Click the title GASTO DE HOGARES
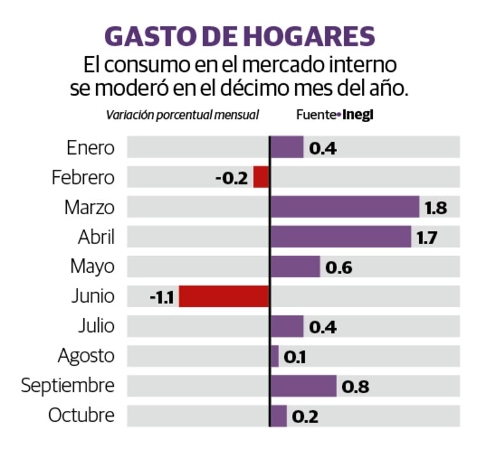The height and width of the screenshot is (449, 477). point(239,36)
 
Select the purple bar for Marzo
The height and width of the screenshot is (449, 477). point(345,207)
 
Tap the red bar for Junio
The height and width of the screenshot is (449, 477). point(224,296)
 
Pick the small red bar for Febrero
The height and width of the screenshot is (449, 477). point(261,177)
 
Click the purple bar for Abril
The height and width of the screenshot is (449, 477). point(341,237)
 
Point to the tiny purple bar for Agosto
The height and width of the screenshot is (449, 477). point(275,356)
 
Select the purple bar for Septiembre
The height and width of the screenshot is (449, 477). point(303,386)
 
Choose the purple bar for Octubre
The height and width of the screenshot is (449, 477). point(279,416)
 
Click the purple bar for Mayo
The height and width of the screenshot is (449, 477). point(295,267)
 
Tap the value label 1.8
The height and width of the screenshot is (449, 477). point(436,208)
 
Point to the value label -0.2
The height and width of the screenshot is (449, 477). point(231,178)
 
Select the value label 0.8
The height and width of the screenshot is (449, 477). point(356,387)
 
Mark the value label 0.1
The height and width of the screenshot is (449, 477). point(294,357)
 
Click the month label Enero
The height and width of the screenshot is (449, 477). point(91,148)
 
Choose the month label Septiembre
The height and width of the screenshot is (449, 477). point(67,386)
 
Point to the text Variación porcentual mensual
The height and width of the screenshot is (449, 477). point(183,115)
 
